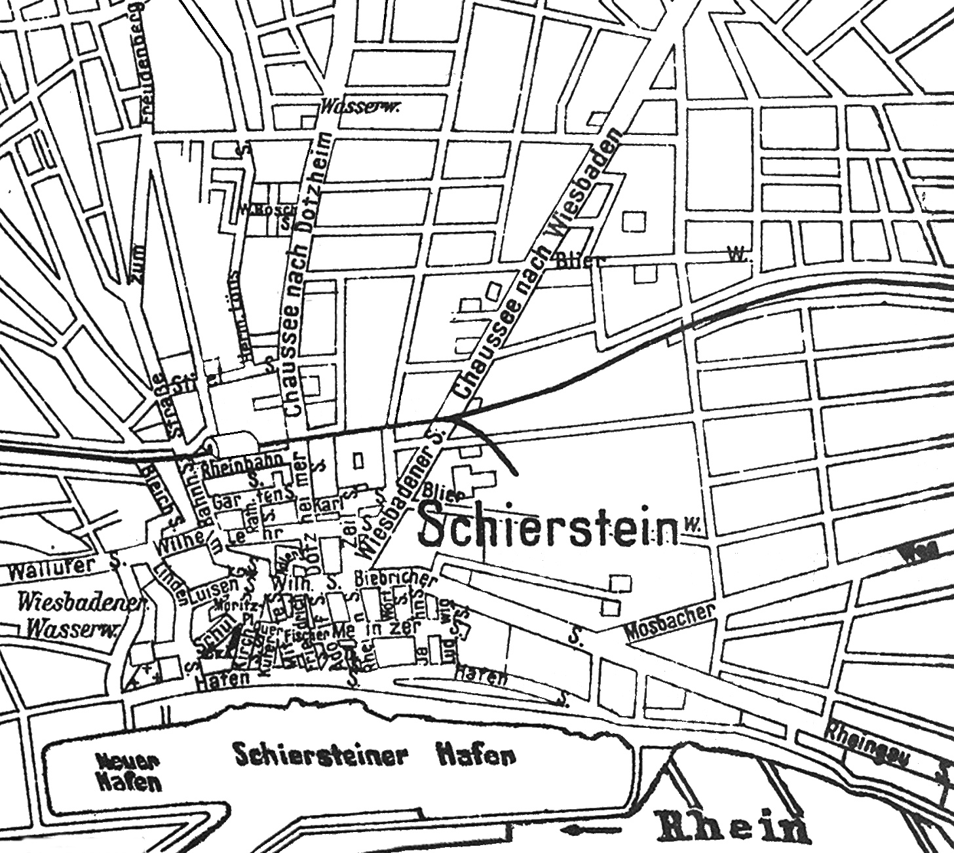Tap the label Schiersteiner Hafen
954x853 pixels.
(373, 755)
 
